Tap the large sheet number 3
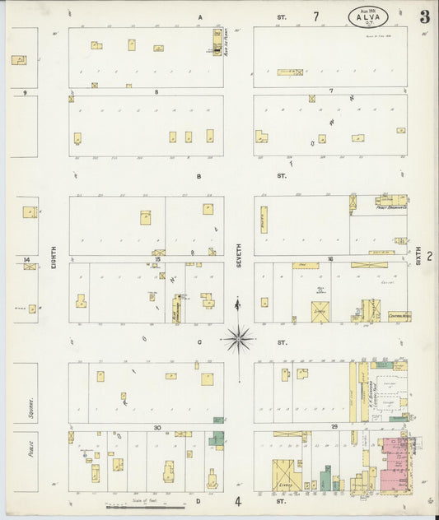click(x=423, y=17)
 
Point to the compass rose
click(x=238, y=337)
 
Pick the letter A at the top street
click(x=199, y=17)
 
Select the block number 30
click(x=156, y=427)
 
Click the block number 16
click(x=329, y=258)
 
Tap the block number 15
click(x=156, y=258)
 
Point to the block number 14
click(x=27, y=259)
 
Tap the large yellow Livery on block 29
click(x=287, y=475)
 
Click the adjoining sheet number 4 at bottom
click(x=238, y=501)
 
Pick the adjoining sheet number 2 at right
click(x=429, y=257)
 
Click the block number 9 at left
click(x=25, y=92)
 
